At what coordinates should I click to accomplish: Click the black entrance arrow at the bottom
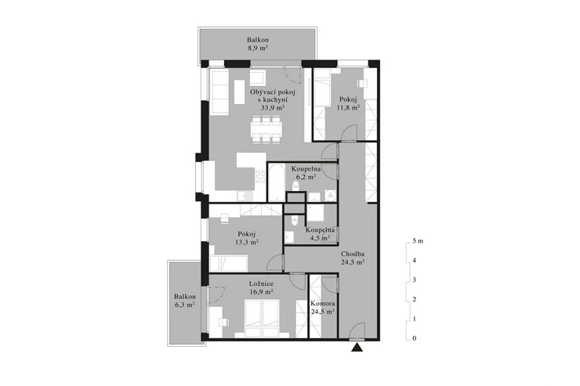[357, 347]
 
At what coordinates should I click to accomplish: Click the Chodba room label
[353, 254]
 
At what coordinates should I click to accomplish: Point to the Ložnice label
[261, 283]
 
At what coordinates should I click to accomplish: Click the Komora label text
[323, 304]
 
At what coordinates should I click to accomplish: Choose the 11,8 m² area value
[348, 107]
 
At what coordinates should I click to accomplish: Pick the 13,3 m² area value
[247, 242]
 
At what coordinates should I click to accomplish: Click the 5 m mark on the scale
[418, 241]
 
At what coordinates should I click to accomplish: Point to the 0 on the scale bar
[415, 338]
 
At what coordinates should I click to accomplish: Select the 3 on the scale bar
[415, 280]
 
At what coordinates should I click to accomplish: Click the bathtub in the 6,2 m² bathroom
[276, 182]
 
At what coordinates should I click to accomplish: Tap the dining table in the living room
[265, 129]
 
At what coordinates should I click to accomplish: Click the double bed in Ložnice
[263, 318]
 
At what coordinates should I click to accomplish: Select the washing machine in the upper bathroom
[330, 196]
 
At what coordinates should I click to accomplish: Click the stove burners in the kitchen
[260, 176]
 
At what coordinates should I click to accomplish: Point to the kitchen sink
[244, 197]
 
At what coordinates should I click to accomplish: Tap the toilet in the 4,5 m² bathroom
[295, 220]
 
